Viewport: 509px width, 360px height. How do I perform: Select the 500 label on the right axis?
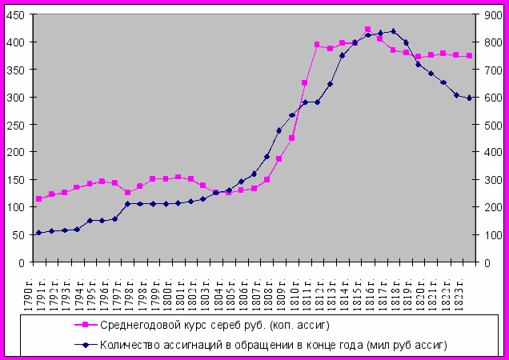[x=489, y=124]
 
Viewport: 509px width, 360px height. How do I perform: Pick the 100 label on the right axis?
[x=489, y=234]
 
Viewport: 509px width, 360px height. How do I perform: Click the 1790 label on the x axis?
[x=38, y=288]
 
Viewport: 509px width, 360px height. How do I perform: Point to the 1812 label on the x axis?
[x=318, y=288]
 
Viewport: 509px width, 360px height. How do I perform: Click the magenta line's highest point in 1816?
[x=367, y=30]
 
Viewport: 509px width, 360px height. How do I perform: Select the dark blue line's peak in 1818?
[x=393, y=31]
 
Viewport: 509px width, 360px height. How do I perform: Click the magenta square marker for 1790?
[x=38, y=199]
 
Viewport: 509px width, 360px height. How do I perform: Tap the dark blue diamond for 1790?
[x=38, y=233]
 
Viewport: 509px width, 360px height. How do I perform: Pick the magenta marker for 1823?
[x=470, y=56]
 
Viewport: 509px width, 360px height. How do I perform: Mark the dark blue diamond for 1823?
[x=470, y=98]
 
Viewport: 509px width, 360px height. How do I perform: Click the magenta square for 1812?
[x=317, y=45]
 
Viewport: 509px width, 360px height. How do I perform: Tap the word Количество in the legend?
[x=129, y=345]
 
